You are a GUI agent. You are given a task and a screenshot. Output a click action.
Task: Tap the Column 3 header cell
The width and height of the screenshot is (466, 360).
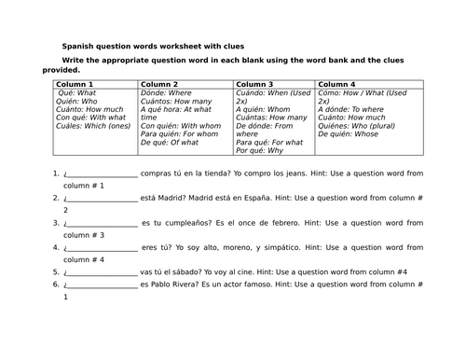click(x=274, y=85)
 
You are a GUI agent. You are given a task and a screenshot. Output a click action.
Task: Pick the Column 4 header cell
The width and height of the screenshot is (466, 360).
click(x=368, y=85)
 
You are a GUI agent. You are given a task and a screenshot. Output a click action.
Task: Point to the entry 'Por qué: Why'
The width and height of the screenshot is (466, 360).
click(x=258, y=151)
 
